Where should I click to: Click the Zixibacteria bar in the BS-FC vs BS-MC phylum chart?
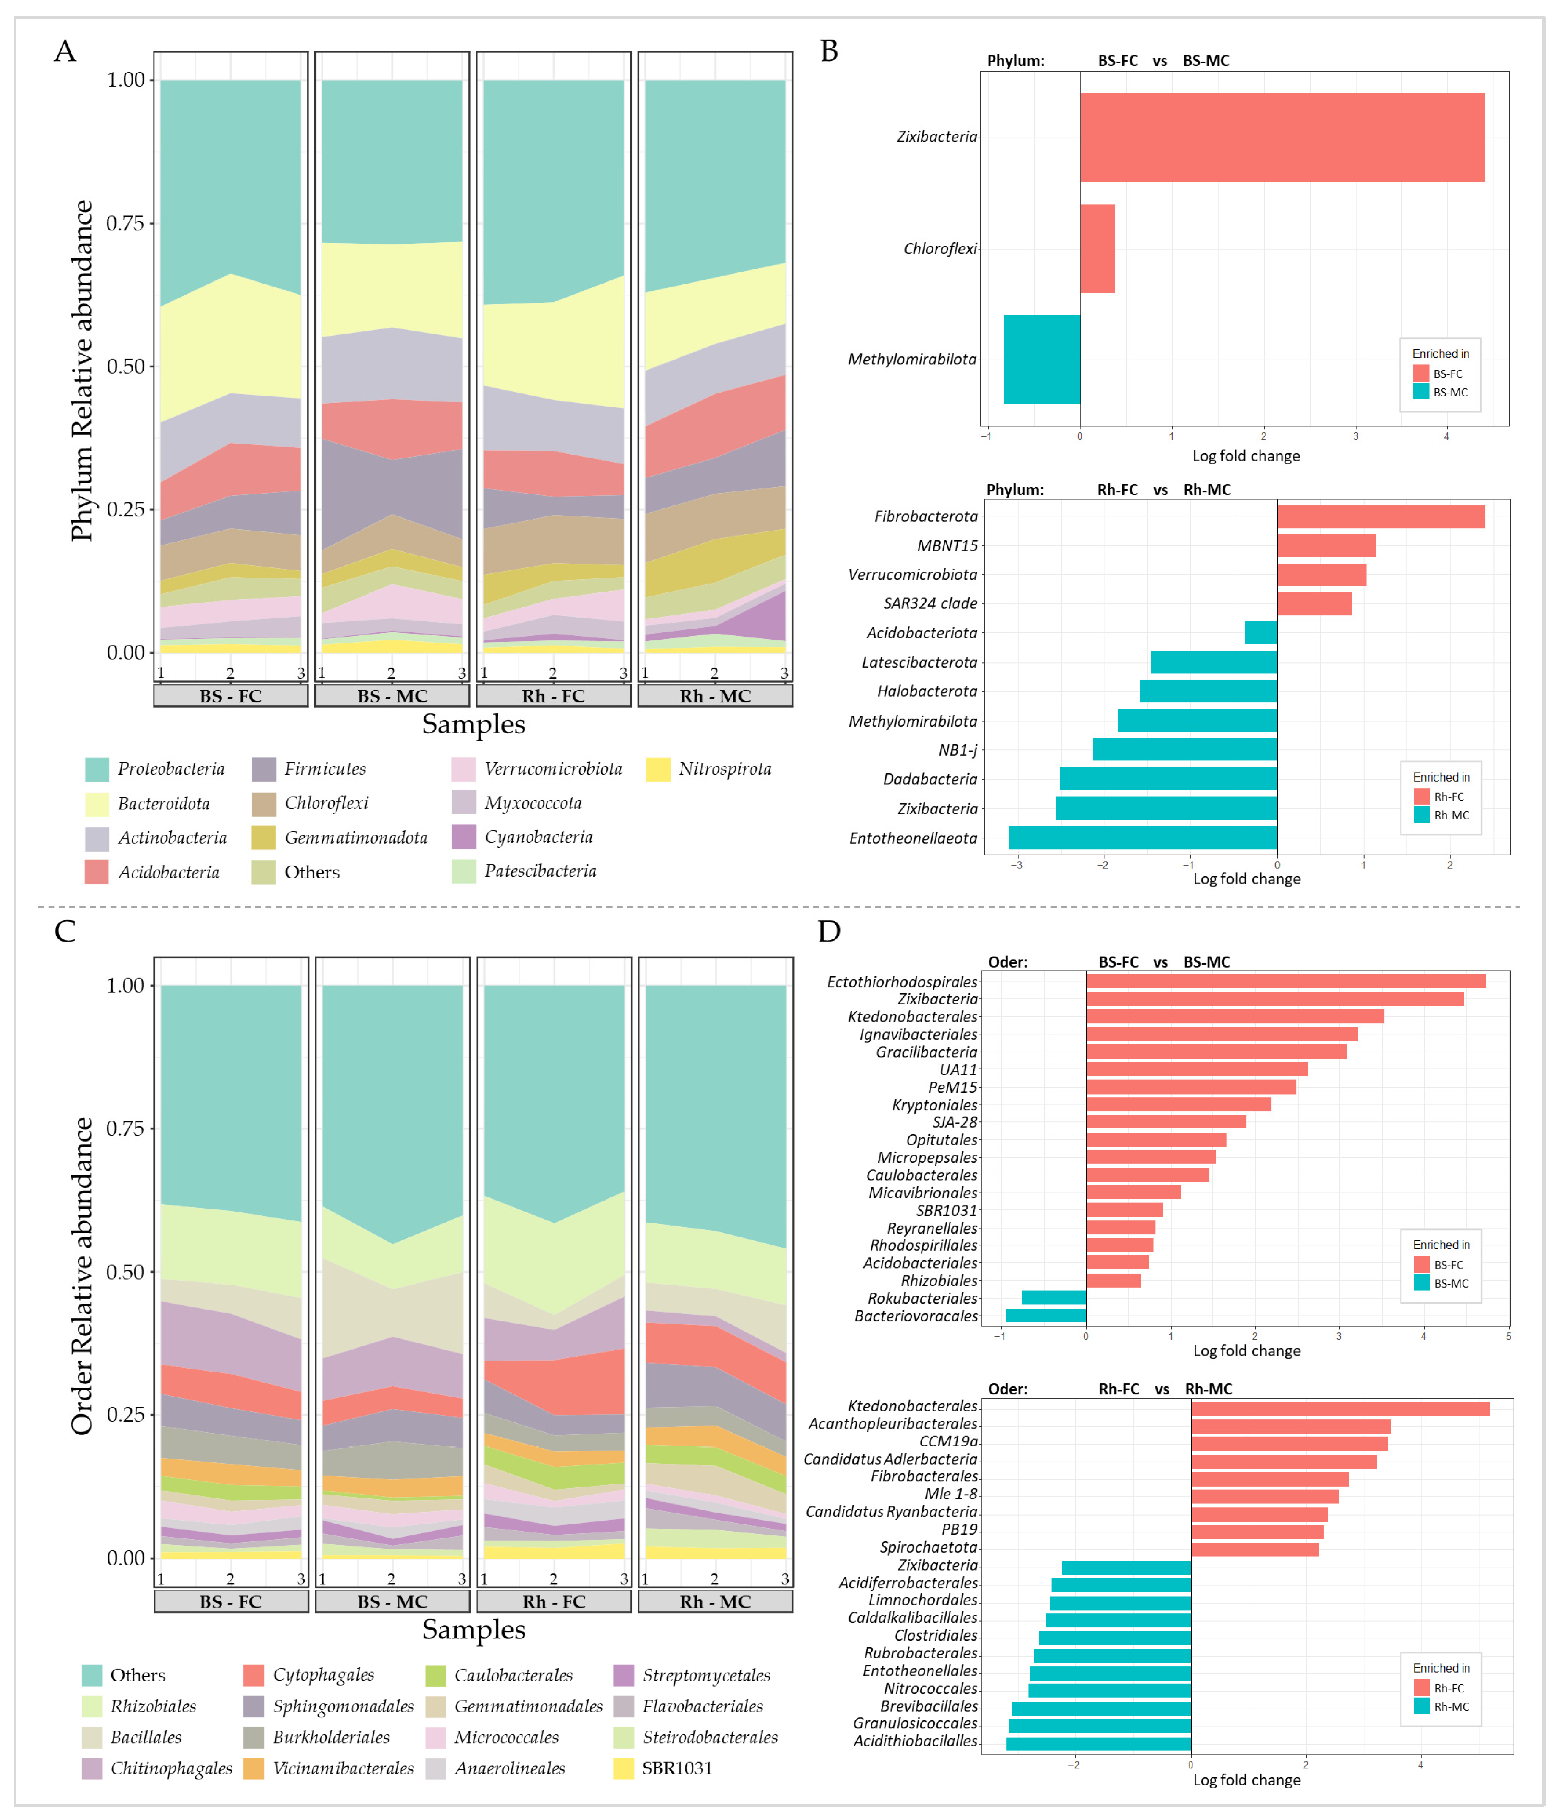coord(1282,138)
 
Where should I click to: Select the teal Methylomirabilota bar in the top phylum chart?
coord(1042,359)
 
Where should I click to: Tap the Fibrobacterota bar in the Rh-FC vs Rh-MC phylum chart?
coord(1381,516)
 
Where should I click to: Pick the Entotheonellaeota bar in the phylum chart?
coord(1143,838)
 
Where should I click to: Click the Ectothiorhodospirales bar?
coord(1286,981)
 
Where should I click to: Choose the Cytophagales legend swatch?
coord(254,1675)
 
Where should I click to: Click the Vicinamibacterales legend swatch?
coord(254,1768)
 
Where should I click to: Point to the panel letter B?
coord(828,51)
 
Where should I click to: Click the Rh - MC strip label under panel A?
coord(715,696)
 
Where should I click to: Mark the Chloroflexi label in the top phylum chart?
coord(940,249)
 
